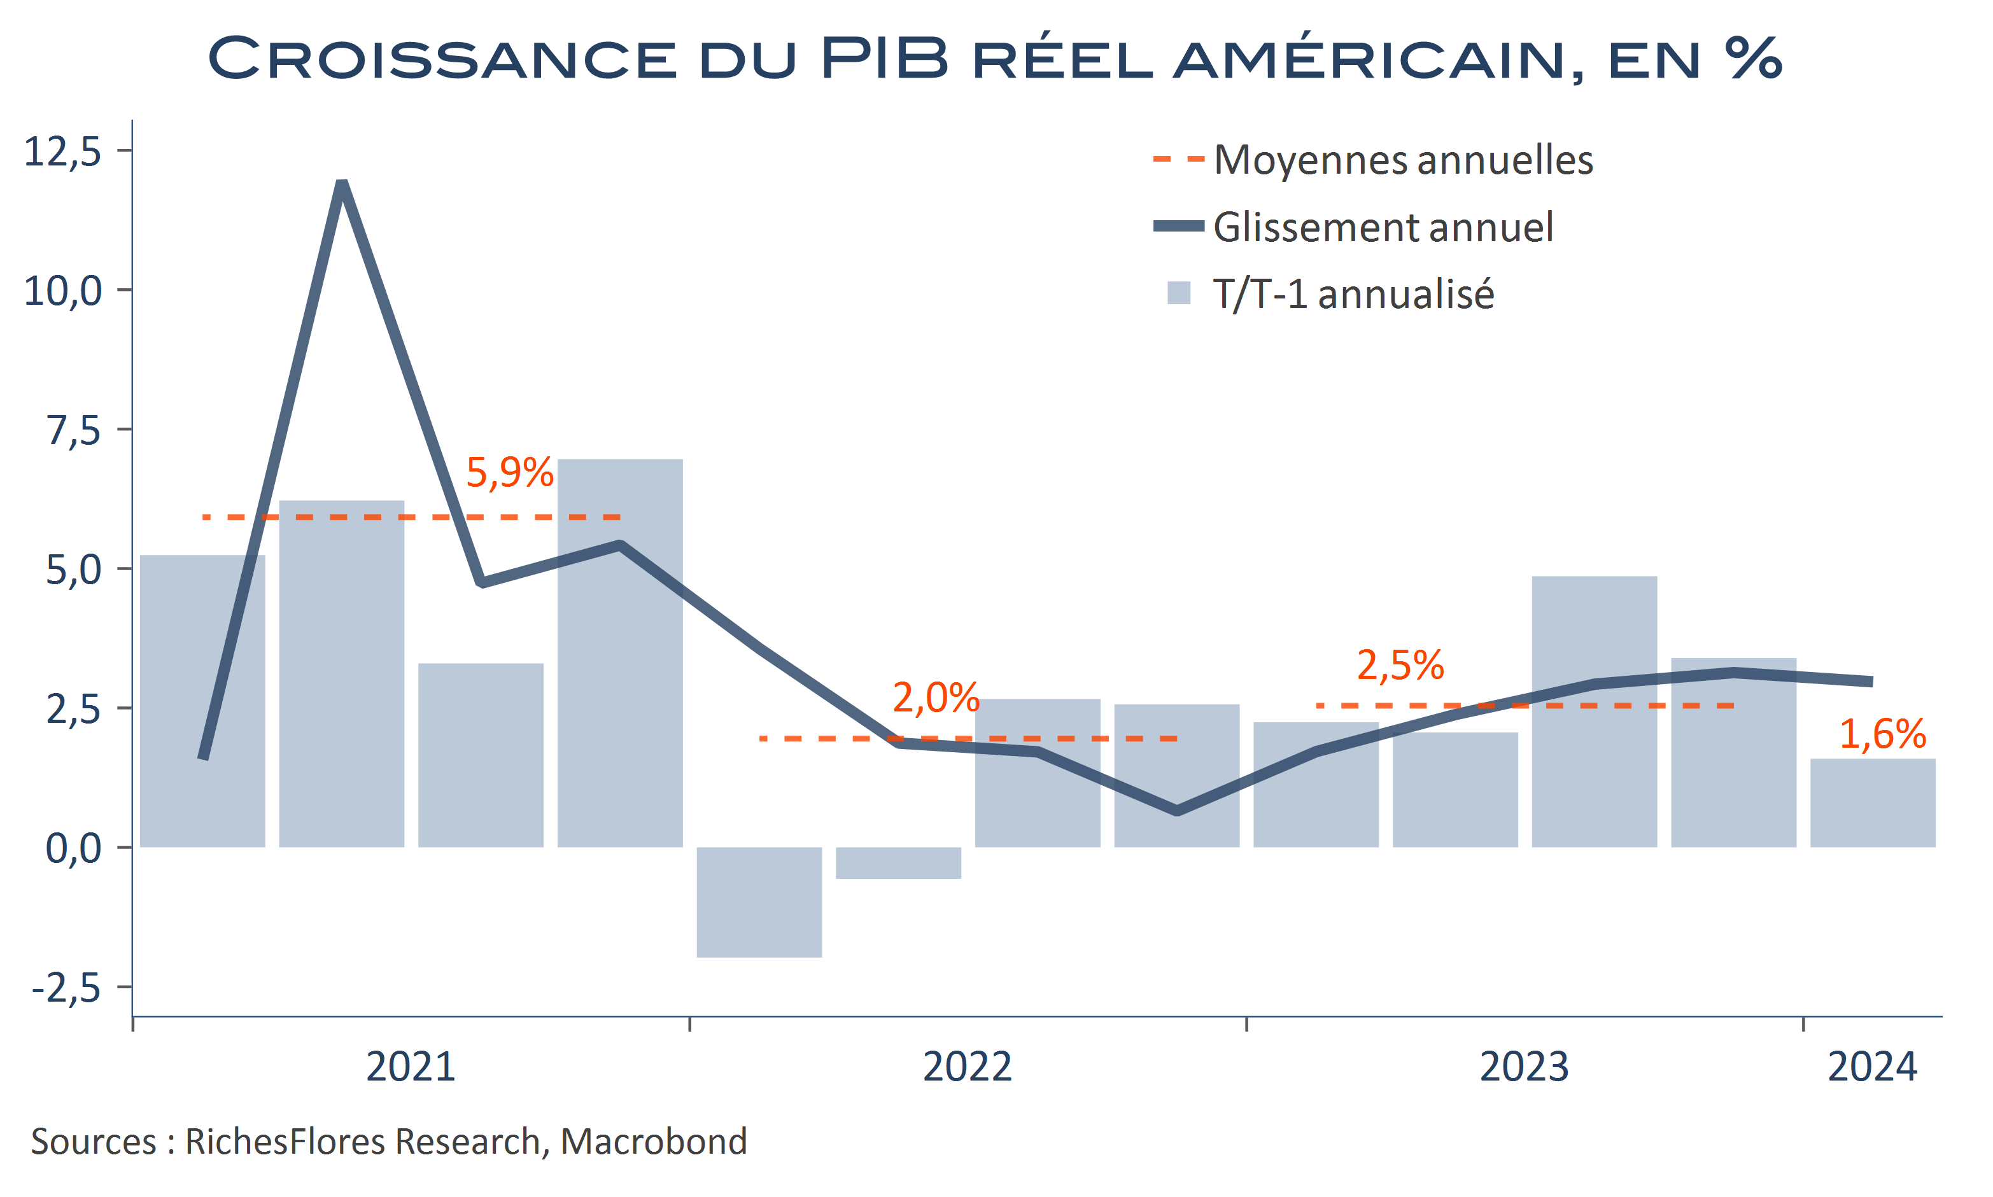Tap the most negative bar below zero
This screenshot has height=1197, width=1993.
(759, 901)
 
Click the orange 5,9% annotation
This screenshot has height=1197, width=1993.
(510, 473)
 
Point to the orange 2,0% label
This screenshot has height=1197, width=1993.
(936, 697)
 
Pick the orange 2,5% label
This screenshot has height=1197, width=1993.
(1400, 666)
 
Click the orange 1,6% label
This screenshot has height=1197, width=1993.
(1882, 734)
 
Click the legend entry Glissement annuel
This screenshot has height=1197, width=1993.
(1383, 227)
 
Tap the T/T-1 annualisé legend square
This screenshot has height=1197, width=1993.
(1178, 293)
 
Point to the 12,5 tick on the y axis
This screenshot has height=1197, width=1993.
(63, 151)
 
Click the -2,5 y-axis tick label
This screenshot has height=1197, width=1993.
(66, 987)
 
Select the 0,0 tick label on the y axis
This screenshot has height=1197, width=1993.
(73, 848)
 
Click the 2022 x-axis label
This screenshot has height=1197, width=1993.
(967, 1067)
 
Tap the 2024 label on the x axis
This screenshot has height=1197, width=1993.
(1871, 1067)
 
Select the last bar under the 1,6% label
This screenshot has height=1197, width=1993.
(1872, 802)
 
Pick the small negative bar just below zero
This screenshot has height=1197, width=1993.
(898, 862)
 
